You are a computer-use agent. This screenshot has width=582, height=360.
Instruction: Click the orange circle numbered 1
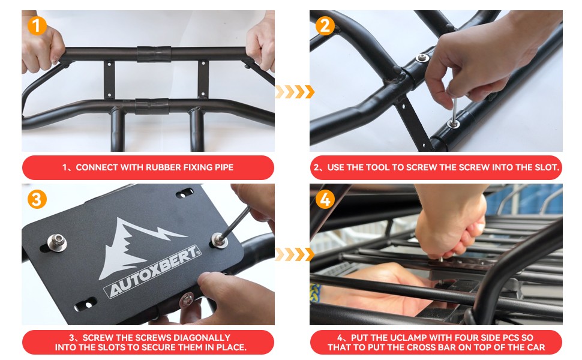[37, 25]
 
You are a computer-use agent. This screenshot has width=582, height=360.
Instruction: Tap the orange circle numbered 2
[325, 25]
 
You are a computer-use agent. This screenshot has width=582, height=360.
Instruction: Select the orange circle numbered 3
[37, 199]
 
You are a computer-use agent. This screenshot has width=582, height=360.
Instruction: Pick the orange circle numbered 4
[325, 199]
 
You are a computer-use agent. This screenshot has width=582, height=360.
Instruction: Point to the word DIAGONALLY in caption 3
[202, 338]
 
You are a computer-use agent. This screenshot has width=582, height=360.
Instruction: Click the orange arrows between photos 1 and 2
[294, 92]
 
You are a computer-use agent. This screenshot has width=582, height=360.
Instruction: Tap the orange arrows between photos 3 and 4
[294, 254]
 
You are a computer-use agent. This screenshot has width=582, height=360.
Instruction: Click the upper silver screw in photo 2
[422, 58]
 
